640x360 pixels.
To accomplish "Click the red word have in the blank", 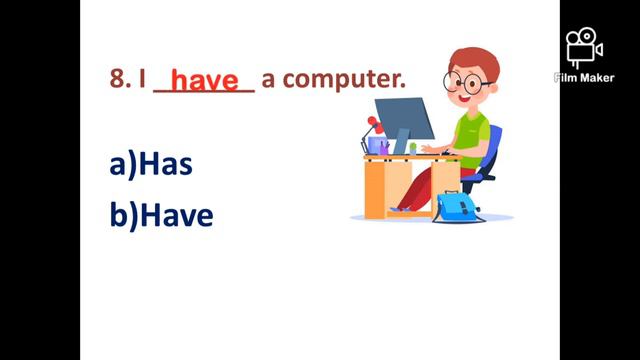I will (x=205, y=80).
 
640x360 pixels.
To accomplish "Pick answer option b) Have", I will (x=161, y=215).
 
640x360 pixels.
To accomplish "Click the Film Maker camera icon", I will (x=584, y=48).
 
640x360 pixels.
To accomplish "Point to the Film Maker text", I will (x=584, y=78).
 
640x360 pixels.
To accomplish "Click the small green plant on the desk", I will (x=413, y=147).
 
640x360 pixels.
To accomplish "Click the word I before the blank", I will (x=143, y=80).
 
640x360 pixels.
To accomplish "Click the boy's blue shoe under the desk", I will (x=399, y=209).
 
